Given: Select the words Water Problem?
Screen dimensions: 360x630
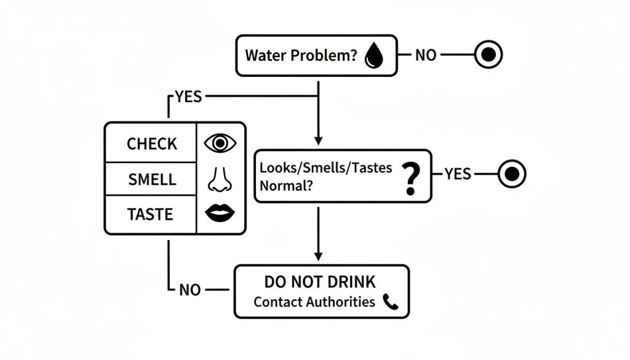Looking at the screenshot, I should (x=301, y=55).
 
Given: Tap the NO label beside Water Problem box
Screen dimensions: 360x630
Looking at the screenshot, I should (x=426, y=55).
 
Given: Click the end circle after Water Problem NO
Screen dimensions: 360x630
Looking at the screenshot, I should (x=488, y=55).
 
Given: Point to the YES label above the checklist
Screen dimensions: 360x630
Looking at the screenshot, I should (x=188, y=97).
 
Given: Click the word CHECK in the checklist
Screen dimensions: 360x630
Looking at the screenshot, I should (x=151, y=143).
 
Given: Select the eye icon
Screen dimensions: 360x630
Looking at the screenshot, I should (x=220, y=143).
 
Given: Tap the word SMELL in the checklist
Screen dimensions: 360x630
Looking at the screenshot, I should (x=152, y=180).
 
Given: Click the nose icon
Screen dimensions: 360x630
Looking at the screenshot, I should (x=220, y=179).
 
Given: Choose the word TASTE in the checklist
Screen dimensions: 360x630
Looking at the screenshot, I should (x=150, y=215).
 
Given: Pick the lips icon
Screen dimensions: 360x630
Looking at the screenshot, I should (x=220, y=214).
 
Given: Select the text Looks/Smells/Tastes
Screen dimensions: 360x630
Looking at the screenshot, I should (x=326, y=168).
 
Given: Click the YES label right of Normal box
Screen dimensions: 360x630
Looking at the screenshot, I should (x=458, y=174).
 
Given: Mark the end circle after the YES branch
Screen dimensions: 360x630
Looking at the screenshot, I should (x=512, y=174).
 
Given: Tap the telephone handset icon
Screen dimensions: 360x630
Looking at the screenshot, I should (x=391, y=302).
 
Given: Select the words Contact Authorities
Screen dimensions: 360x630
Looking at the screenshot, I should (x=314, y=302).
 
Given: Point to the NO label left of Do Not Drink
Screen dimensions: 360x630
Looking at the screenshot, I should (x=190, y=290).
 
